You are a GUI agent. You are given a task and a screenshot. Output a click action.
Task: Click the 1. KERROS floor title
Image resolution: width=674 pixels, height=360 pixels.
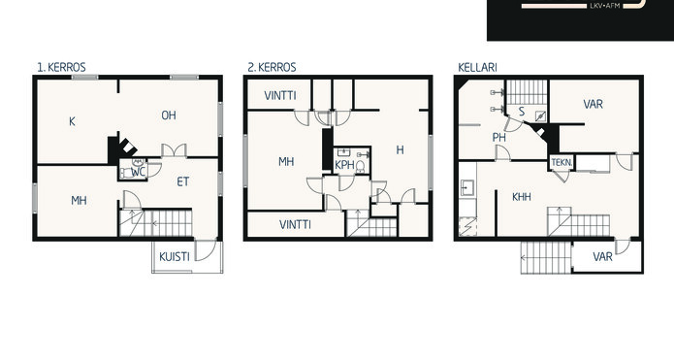pos(61,68)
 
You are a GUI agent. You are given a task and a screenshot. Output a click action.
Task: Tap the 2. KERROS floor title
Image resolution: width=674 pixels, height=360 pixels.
pos(272,68)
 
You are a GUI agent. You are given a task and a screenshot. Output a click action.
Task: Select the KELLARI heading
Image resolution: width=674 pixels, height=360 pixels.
pos(477,68)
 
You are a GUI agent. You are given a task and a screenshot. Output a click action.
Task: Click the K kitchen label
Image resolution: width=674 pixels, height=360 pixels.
pos(72,121)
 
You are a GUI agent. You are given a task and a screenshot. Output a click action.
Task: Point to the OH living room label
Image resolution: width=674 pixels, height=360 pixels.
pos(169,115)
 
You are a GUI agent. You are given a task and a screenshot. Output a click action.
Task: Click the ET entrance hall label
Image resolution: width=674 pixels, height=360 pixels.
pos(182,181)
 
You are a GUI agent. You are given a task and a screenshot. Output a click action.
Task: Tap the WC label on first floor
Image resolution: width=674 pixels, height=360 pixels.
pos(138,173)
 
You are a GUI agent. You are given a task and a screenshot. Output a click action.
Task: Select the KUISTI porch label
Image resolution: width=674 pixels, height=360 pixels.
pos(175,257)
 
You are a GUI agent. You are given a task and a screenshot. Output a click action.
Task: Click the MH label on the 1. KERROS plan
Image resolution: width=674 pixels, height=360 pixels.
pos(79,201)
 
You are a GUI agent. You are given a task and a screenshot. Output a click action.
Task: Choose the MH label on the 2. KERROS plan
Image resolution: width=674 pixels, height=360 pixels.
pos(286,162)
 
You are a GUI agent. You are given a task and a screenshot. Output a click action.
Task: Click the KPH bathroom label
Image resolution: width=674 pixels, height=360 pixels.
pos(344,165)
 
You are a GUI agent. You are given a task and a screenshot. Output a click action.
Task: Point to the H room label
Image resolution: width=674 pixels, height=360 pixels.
pos(400,149)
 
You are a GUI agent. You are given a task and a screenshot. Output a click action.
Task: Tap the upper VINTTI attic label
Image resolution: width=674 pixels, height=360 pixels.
pos(280,95)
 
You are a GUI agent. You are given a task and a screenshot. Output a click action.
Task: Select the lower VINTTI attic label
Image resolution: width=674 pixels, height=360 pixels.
pos(295,224)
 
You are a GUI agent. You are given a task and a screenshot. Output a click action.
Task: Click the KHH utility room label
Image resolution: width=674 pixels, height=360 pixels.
pos(522,197)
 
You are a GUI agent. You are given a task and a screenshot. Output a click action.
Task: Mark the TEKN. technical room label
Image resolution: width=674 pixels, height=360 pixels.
pos(562,163)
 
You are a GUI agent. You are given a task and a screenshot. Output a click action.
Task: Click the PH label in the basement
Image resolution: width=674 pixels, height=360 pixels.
pos(499,138)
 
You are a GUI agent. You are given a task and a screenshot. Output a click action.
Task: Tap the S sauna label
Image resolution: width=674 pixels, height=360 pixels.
pos(522,112)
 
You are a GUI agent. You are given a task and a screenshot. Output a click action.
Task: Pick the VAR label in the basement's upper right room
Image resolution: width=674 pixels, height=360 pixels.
pos(593,104)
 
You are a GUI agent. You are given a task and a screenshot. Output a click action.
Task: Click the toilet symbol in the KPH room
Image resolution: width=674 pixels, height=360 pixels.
pos(360,167)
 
